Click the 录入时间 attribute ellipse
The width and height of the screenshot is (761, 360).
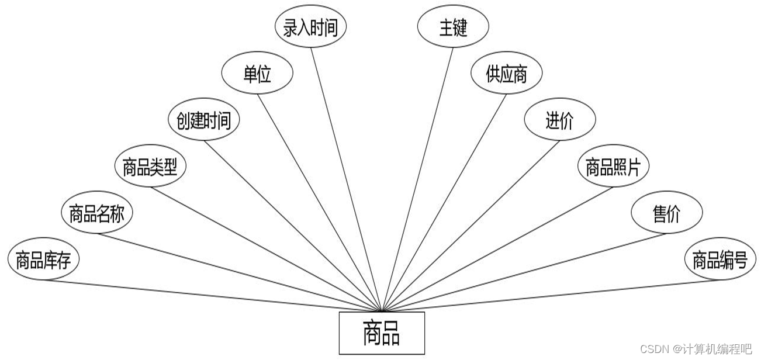click(310, 28)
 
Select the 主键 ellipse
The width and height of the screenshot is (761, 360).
click(453, 28)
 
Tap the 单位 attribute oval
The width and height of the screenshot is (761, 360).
click(257, 75)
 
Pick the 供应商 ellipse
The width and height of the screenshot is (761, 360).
click(507, 74)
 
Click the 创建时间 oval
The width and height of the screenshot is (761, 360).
click(203, 122)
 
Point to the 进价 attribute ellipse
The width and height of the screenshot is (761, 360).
click(560, 121)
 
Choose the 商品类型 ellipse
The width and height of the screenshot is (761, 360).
click(150, 168)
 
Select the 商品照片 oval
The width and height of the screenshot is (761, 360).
click(613, 168)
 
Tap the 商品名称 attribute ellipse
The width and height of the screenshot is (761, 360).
click(97, 214)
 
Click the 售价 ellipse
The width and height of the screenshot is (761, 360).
click(666, 214)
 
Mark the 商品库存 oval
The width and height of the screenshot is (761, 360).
click(44, 261)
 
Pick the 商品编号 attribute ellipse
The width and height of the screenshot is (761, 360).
click(720, 261)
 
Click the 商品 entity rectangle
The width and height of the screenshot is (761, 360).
click(382, 333)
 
